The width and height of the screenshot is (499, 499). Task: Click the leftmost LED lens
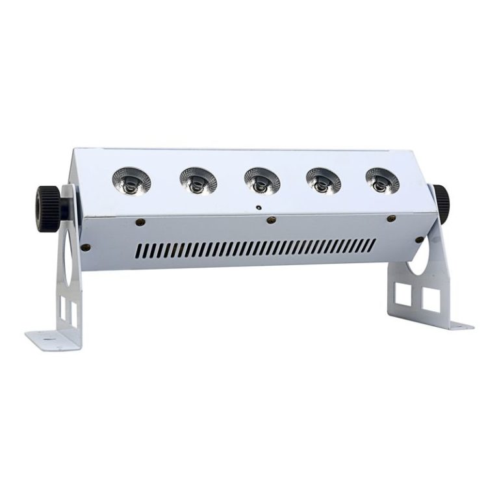131,180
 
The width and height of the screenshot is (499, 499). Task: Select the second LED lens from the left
198,180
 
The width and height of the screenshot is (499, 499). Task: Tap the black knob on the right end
442,203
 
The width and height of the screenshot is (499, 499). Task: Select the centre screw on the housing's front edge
271,220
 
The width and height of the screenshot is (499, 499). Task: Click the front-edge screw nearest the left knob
140,222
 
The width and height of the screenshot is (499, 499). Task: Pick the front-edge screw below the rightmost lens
391,218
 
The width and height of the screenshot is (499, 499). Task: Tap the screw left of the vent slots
85,247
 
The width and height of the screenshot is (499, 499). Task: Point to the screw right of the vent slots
419,240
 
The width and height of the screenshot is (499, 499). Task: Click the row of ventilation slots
257,248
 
